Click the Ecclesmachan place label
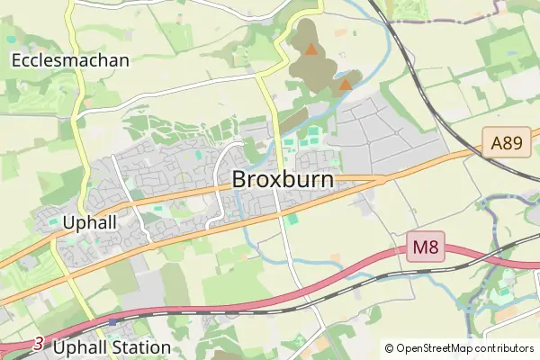coord(71,60)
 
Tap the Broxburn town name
coord(283,179)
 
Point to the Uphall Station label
coord(112,346)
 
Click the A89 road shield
coord(504,142)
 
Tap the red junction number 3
coord(38,343)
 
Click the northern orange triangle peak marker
coord(310,49)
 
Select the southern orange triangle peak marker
coord(344,85)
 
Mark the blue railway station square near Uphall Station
coord(112,320)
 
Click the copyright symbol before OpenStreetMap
coord(389,348)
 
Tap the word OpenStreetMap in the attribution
coord(436,348)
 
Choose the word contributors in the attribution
coord(507,348)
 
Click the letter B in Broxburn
coord(239,179)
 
